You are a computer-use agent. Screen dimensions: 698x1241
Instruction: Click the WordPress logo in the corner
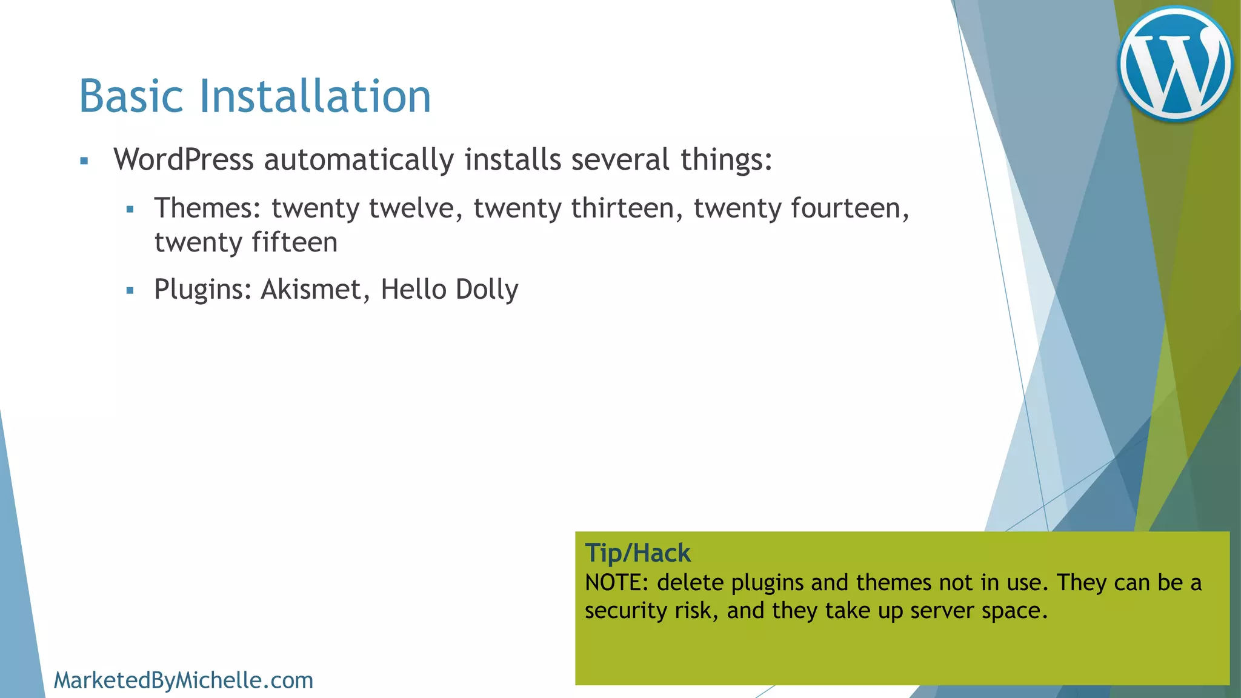click(x=1175, y=64)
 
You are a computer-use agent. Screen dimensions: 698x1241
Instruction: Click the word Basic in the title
click(x=131, y=96)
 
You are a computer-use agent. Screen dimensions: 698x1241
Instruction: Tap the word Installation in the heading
click(x=315, y=96)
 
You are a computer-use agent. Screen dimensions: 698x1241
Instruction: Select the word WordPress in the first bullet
click(x=184, y=160)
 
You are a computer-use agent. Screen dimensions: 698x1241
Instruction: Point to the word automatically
click(x=359, y=160)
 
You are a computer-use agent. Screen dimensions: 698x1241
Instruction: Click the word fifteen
click(x=294, y=242)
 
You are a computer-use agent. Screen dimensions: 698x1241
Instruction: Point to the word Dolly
click(x=487, y=290)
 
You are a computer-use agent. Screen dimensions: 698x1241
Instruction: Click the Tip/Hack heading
click(x=637, y=553)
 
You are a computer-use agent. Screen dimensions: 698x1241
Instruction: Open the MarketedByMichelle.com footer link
click(x=184, y=680)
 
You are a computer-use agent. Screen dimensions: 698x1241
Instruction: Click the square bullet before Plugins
click(x=130, y=291)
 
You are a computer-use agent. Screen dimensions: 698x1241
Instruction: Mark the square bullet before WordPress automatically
click(x=84, y=161)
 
